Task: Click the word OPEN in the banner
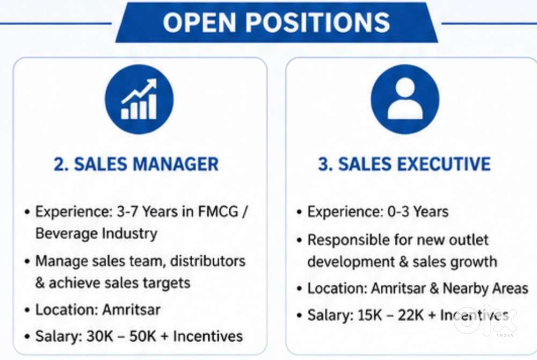click(199, 22)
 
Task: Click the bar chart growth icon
click(139, 99)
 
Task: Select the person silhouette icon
click(405, 99)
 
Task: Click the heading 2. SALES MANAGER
click(136, 164)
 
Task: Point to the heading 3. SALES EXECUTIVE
click(404, 164)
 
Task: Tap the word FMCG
click(218, 211)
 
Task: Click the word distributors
click(208, 261)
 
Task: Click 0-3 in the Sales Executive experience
click(398, 212)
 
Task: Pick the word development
click(351, 262)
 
